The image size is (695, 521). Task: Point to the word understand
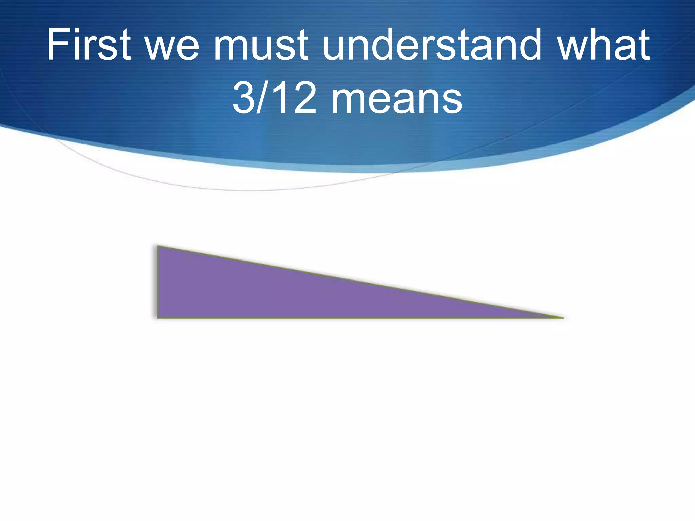click(432, 45)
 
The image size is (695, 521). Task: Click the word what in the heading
click(604, 45)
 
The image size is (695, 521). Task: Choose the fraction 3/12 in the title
click(275, 98)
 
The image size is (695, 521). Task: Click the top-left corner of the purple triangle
click(158, 246)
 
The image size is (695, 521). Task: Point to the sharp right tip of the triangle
click(563, 317)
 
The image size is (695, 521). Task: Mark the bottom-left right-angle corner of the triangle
click(158, 317)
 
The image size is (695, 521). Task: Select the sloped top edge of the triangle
click(360, 282)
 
